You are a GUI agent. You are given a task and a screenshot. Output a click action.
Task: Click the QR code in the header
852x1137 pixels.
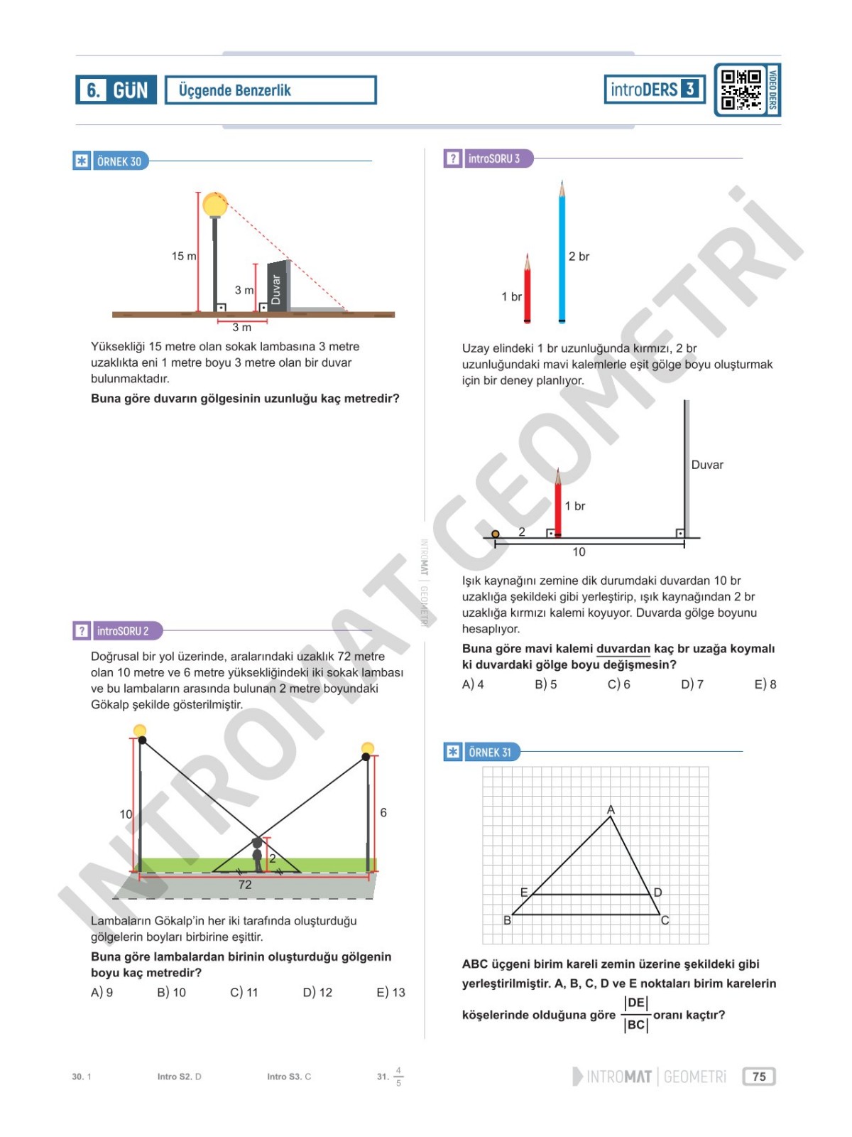coord(741,90)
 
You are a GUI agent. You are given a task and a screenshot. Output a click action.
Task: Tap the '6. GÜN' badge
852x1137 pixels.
coord(116,90)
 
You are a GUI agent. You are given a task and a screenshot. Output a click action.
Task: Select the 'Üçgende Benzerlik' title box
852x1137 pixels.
coord(271,90)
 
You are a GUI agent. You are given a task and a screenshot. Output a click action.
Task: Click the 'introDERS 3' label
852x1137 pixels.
coord(654,90)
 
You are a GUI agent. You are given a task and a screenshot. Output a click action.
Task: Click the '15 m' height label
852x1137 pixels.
coord(184,256)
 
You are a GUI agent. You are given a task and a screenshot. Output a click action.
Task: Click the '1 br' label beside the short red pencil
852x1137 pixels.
coord(511,296)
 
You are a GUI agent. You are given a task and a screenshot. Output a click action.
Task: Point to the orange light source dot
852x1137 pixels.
coord(496,534)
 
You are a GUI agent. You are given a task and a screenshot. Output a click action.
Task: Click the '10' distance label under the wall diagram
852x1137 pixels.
coord(579,552)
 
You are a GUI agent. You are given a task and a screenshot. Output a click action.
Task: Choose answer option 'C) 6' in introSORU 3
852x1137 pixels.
coord(618,684)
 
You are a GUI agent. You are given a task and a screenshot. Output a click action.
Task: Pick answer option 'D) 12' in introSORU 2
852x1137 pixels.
coord(317,992)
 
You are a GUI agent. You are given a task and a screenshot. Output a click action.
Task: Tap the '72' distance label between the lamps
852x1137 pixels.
coord(245,885)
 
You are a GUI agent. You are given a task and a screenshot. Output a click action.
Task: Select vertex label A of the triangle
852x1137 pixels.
coord(611,809)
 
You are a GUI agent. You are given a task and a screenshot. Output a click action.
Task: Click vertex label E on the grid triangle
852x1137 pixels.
coord(524,893)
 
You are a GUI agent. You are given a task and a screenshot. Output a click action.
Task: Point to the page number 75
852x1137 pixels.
coord(759,1077)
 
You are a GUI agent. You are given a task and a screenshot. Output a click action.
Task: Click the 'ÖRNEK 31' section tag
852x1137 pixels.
coord(489,752)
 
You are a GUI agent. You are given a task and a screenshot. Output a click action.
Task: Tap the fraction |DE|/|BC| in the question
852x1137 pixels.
coord(635,1014)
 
